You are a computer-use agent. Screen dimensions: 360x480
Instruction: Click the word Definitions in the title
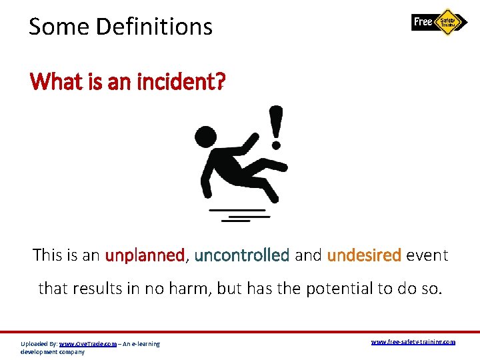pos(154,27)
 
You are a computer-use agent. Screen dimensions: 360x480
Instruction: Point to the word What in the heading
pos(54,83)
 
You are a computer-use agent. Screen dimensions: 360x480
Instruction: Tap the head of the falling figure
pos(204,137)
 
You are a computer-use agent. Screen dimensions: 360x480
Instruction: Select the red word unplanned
pos(144,255)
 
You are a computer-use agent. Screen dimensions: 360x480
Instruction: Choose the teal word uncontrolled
pos(241,255)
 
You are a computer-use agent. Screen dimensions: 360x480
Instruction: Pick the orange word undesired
pos(364,255)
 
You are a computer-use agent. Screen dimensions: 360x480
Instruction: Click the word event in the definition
pos(427,255)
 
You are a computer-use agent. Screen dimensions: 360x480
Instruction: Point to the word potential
pos(337,289)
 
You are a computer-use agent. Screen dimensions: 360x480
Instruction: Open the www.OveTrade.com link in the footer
pos(87,344)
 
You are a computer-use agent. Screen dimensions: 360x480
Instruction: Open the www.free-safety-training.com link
pos(413,342)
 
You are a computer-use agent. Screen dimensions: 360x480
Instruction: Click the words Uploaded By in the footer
pos(39,344)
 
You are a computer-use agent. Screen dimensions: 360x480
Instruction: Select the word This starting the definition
pos(47,255)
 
